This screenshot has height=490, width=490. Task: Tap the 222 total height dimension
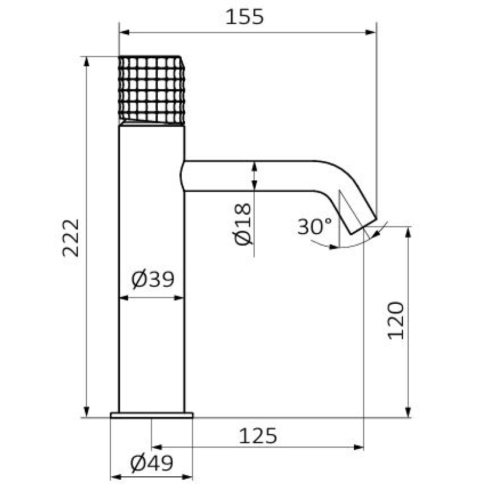71,238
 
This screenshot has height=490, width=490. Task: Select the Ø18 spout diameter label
243,224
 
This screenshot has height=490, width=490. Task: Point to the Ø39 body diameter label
152,279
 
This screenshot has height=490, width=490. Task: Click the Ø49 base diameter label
151,463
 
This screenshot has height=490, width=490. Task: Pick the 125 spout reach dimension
258,436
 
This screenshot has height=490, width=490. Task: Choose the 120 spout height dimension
395,320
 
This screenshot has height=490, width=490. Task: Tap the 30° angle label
314,226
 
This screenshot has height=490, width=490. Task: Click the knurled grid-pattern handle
151,91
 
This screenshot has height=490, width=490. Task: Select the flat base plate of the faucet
151,415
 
